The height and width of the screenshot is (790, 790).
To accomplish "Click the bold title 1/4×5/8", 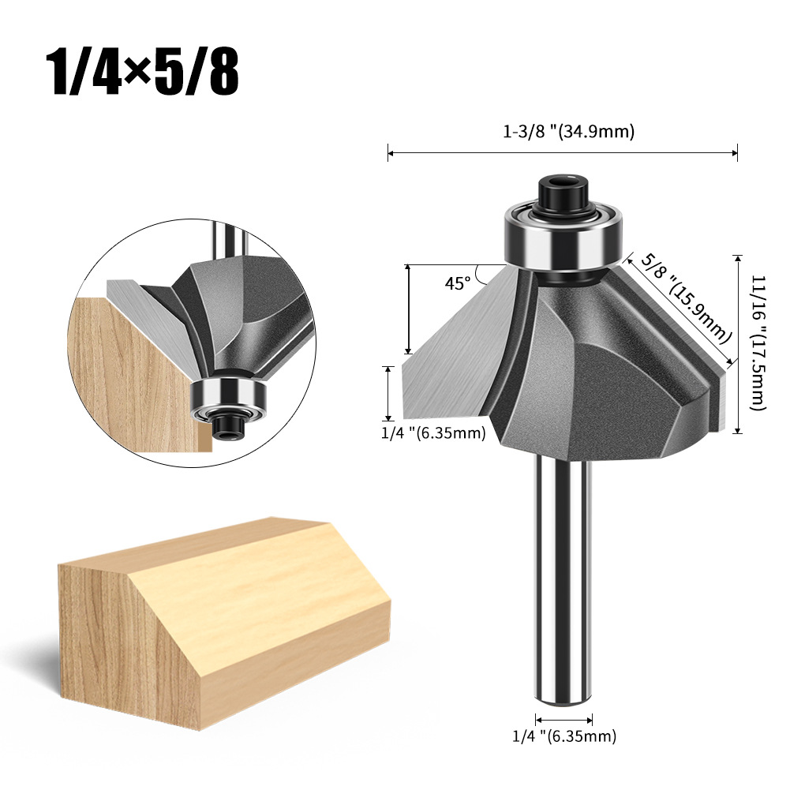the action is point(142,73).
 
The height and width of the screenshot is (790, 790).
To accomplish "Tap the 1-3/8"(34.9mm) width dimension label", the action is point(568,132).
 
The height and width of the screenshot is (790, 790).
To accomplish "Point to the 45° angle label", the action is point(458,283).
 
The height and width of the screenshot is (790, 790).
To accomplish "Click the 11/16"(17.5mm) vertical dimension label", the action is point(758,343).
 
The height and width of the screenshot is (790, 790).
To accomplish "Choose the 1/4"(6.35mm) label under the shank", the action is point(564,736).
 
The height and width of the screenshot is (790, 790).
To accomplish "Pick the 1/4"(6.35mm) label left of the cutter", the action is point(433,432).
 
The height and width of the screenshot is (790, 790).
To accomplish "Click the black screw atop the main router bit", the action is point(563,193).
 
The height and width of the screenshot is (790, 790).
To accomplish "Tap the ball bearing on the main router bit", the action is point(563,236).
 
